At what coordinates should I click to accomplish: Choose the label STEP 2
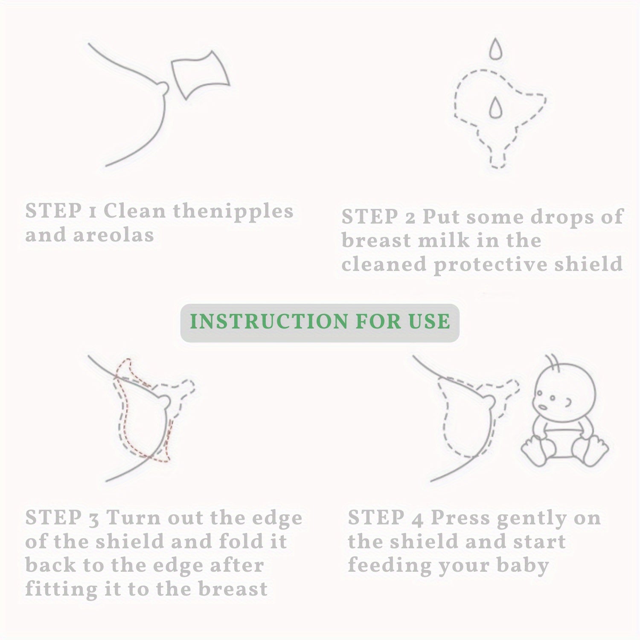pos(378,217)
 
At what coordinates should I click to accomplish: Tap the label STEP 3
pos(62,518)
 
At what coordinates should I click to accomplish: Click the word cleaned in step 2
pos(384,265)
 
